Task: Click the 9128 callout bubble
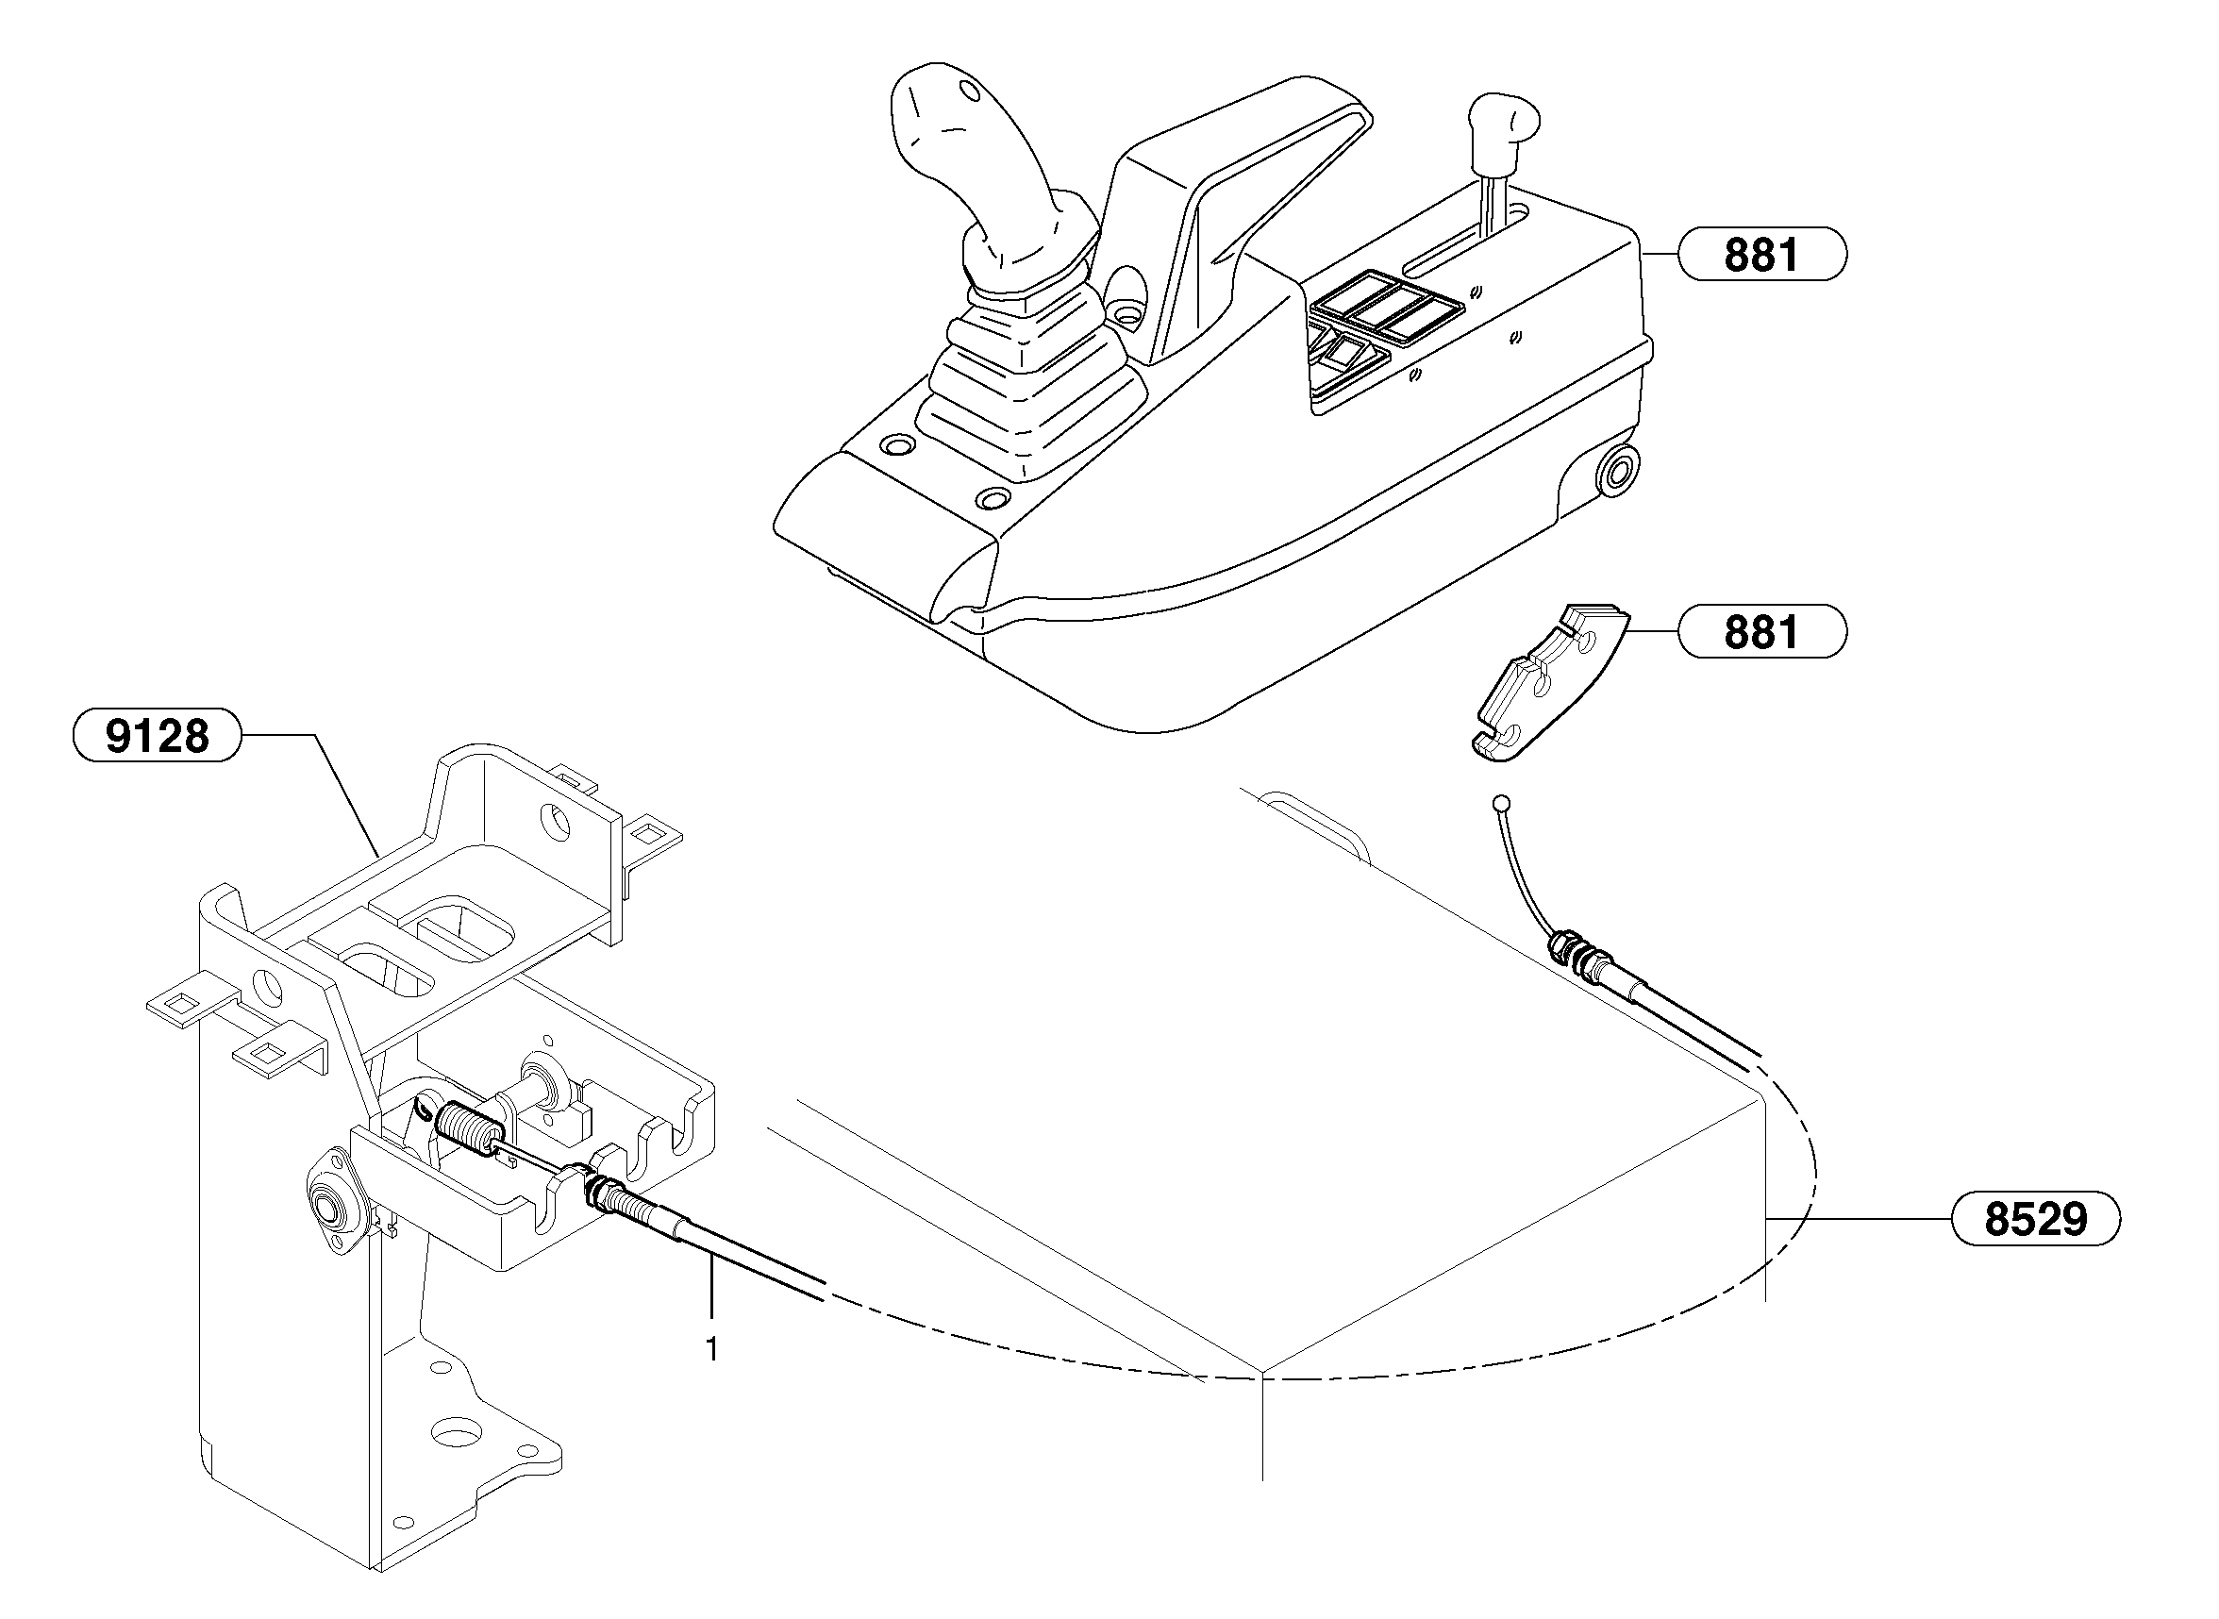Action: [157, 735]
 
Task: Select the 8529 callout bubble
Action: [2035, 1219]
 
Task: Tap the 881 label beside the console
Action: [1761, 255]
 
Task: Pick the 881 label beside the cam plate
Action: [1761, 632]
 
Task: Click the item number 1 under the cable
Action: [711, 1349]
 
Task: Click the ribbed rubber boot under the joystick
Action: [1029, 373]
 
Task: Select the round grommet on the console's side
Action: [1617, 471]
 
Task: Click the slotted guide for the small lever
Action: [1460, 240]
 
